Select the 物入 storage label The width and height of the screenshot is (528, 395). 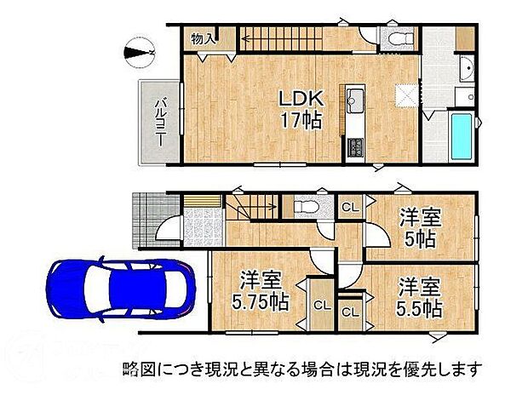[x=202, y=39]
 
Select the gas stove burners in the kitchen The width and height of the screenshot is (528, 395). [x=354, y=147]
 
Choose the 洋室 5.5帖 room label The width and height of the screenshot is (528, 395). [x=418, y=296]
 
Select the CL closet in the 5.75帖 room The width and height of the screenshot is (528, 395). [x=320, y=305]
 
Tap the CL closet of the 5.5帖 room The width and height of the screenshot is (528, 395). [x=350, y=312]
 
